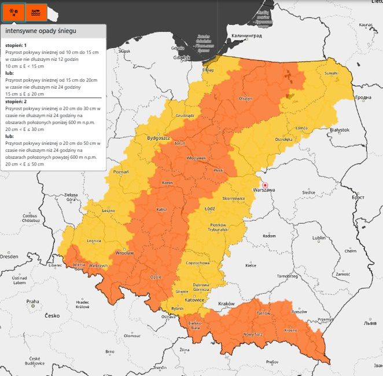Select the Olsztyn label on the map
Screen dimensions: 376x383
point(245,98)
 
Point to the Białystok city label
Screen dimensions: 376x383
point(340,130)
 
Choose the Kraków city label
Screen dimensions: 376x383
point(226,304)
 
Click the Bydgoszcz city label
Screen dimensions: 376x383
point(158,138)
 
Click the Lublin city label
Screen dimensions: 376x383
point(319,238)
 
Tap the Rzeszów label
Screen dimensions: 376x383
point(299,311)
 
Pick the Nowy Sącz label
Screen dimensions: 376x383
point(254,334)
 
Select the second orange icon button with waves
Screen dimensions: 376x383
point(36,12)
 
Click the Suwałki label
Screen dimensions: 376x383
point(331,74)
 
